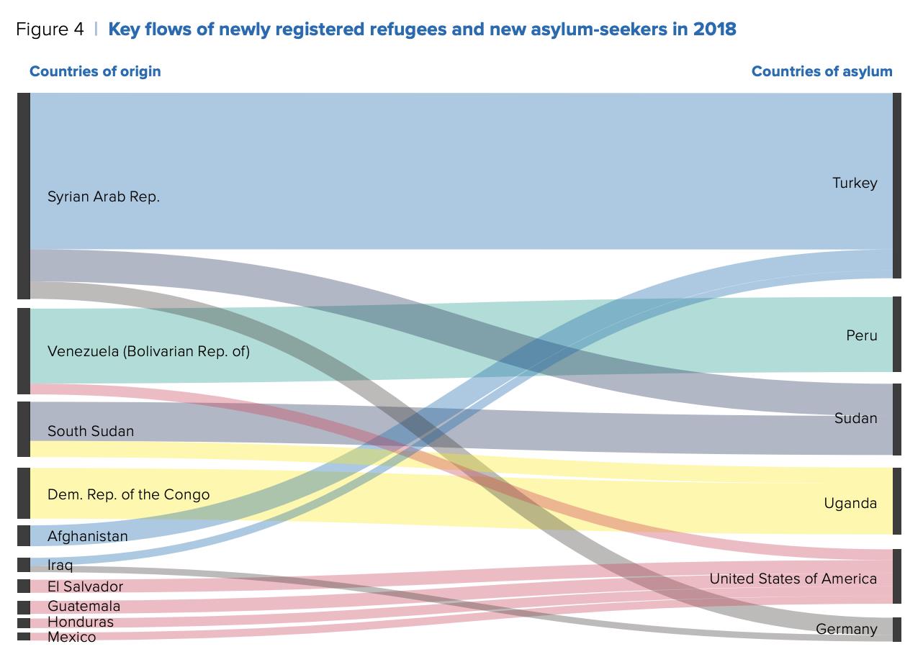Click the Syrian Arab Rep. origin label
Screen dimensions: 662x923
104,197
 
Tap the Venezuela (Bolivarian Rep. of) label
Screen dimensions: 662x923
148,352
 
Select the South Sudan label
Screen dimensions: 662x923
91,431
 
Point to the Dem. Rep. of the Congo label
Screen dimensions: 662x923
128,494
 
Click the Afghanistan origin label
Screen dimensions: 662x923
87,536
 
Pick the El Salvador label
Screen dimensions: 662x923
85,586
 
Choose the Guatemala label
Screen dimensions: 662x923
84,607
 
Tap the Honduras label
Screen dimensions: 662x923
80,622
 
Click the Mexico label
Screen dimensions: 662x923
71,637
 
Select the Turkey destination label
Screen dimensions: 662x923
855,183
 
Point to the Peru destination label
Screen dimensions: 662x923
862,335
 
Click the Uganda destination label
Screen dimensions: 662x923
850,503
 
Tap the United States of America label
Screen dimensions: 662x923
793,579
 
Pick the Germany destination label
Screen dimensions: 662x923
846,630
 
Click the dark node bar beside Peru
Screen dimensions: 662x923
896,335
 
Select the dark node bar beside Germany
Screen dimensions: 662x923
896,630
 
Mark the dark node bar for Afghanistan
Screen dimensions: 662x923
24,536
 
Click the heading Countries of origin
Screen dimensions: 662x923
95,71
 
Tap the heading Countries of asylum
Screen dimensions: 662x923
821,71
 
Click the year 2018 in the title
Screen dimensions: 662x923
715,30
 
